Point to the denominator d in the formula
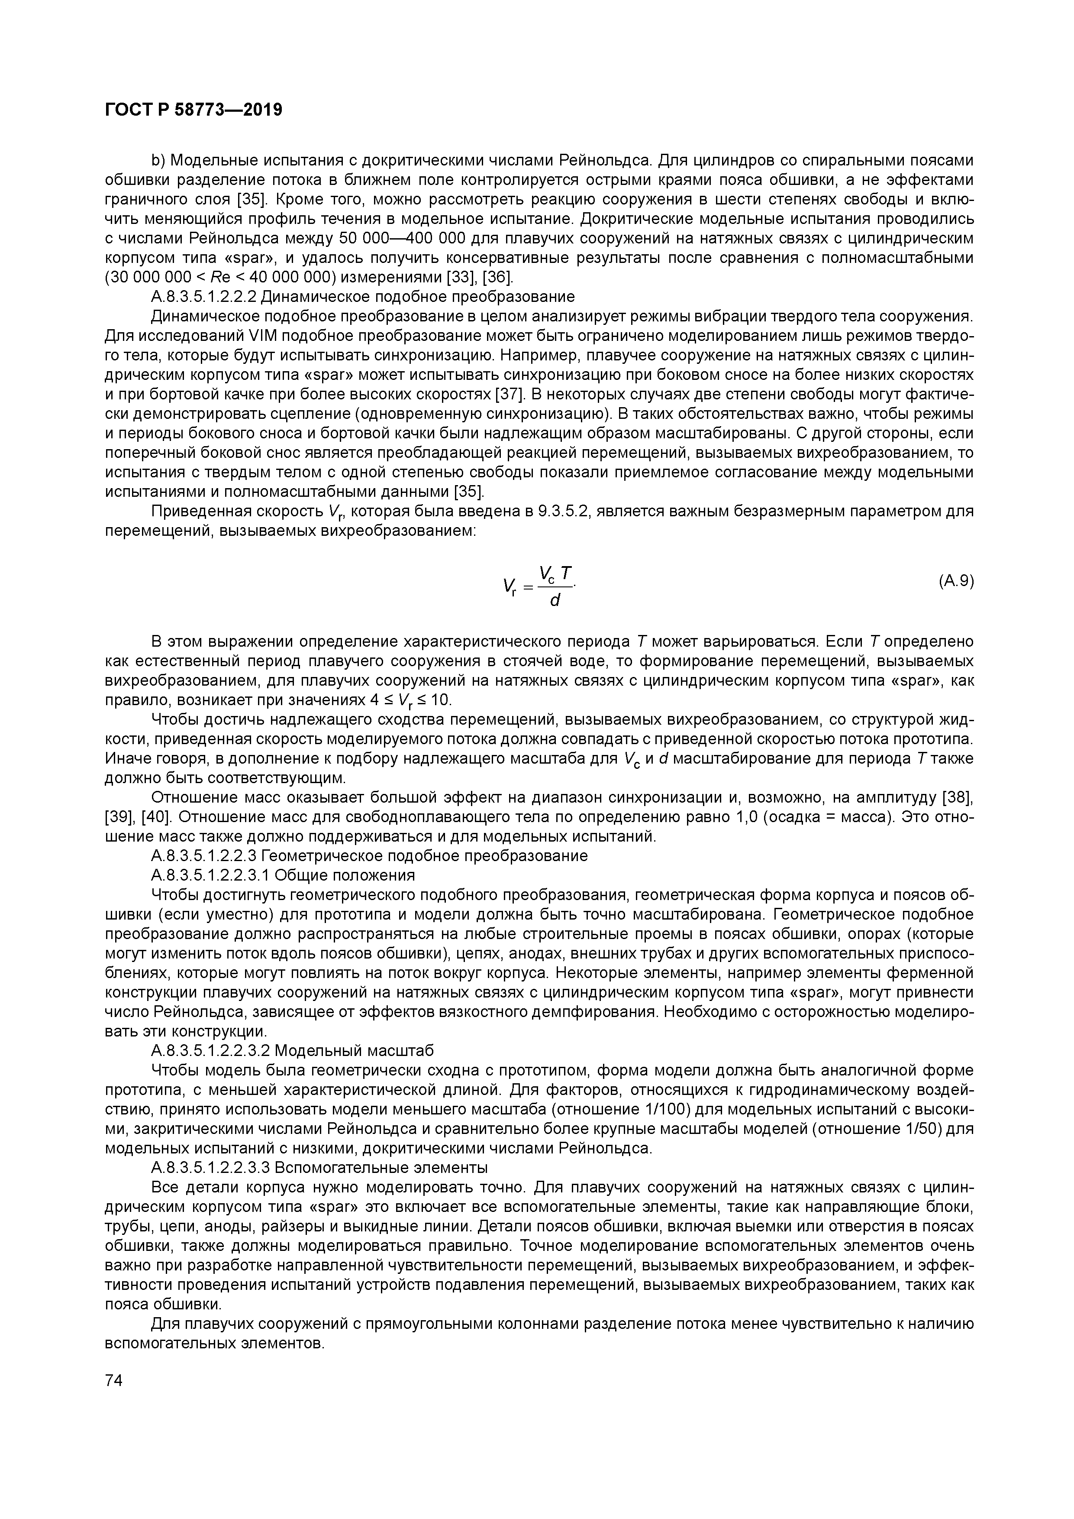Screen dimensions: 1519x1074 555,600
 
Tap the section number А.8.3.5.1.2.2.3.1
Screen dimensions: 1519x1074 210,875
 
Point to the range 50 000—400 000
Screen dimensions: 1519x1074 416,238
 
